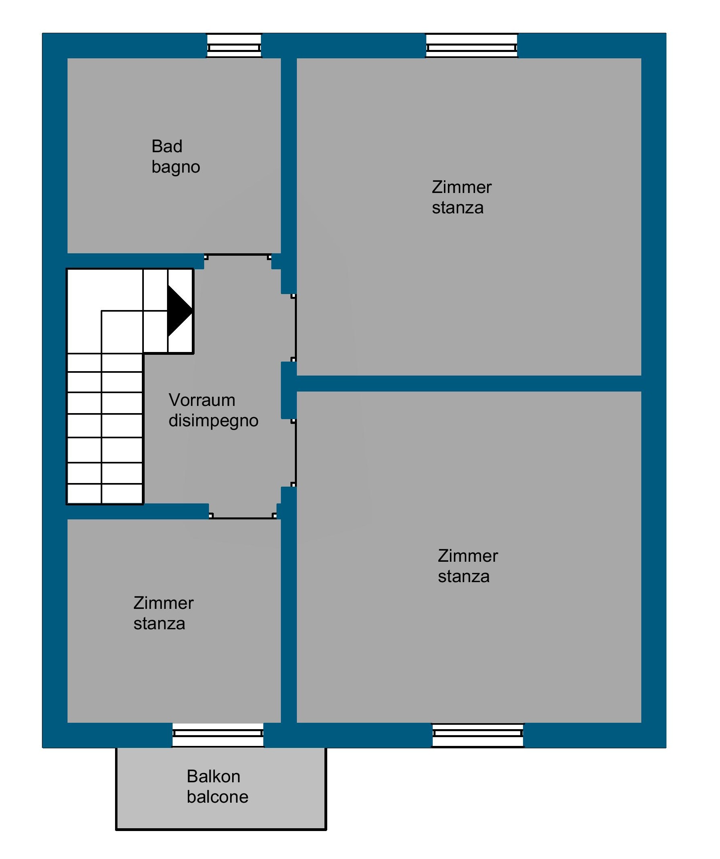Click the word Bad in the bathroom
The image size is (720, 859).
point(167,147)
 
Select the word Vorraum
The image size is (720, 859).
point(202,400)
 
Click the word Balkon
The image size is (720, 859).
point(213,776)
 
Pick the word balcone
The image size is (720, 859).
point(218,797)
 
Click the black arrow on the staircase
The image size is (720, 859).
point(179,310)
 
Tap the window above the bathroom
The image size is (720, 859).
point(234,46)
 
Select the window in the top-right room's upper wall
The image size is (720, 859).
point(472,46)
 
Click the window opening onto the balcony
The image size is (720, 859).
point(218,735)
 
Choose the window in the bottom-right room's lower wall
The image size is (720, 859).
point(478,735)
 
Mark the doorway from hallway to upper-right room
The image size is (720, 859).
point(294,328)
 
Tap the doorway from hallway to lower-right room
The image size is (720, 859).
point(294,452)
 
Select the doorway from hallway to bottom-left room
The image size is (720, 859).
point(243,516)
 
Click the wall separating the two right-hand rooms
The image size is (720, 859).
point(469,383)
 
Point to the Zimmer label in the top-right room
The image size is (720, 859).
point(462,187)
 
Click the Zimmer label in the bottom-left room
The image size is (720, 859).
point(164,603)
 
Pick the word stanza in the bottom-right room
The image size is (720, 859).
point(464,577)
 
